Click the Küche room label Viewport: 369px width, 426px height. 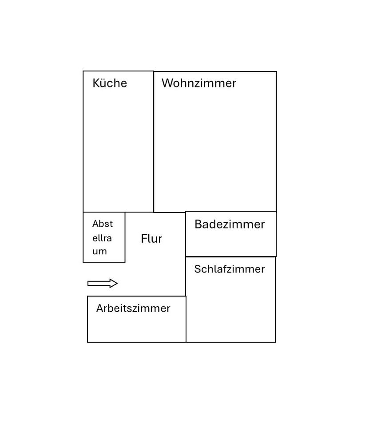[x=110, y=83]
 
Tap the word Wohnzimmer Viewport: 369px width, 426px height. [x=198, y=83]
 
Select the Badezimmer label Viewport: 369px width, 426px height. [x=229, y=225]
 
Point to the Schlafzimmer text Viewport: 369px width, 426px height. [x=229, y=269]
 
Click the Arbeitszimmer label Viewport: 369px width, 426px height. [x=133, y=308]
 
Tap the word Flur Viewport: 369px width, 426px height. [x=151, y=239]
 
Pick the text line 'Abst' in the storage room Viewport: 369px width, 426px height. [x=103, y=224]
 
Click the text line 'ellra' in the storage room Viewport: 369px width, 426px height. [x=102, y=238]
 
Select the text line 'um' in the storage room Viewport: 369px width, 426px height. [x=99, y=252]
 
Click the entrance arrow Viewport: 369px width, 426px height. [x=102, y=284]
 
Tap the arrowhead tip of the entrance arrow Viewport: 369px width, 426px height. [x=117, y=284]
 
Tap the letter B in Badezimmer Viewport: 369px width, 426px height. [x=198, y=225]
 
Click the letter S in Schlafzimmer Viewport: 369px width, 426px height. [x=197, y=269]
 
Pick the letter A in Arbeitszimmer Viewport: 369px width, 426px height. [x=100, y=308]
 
